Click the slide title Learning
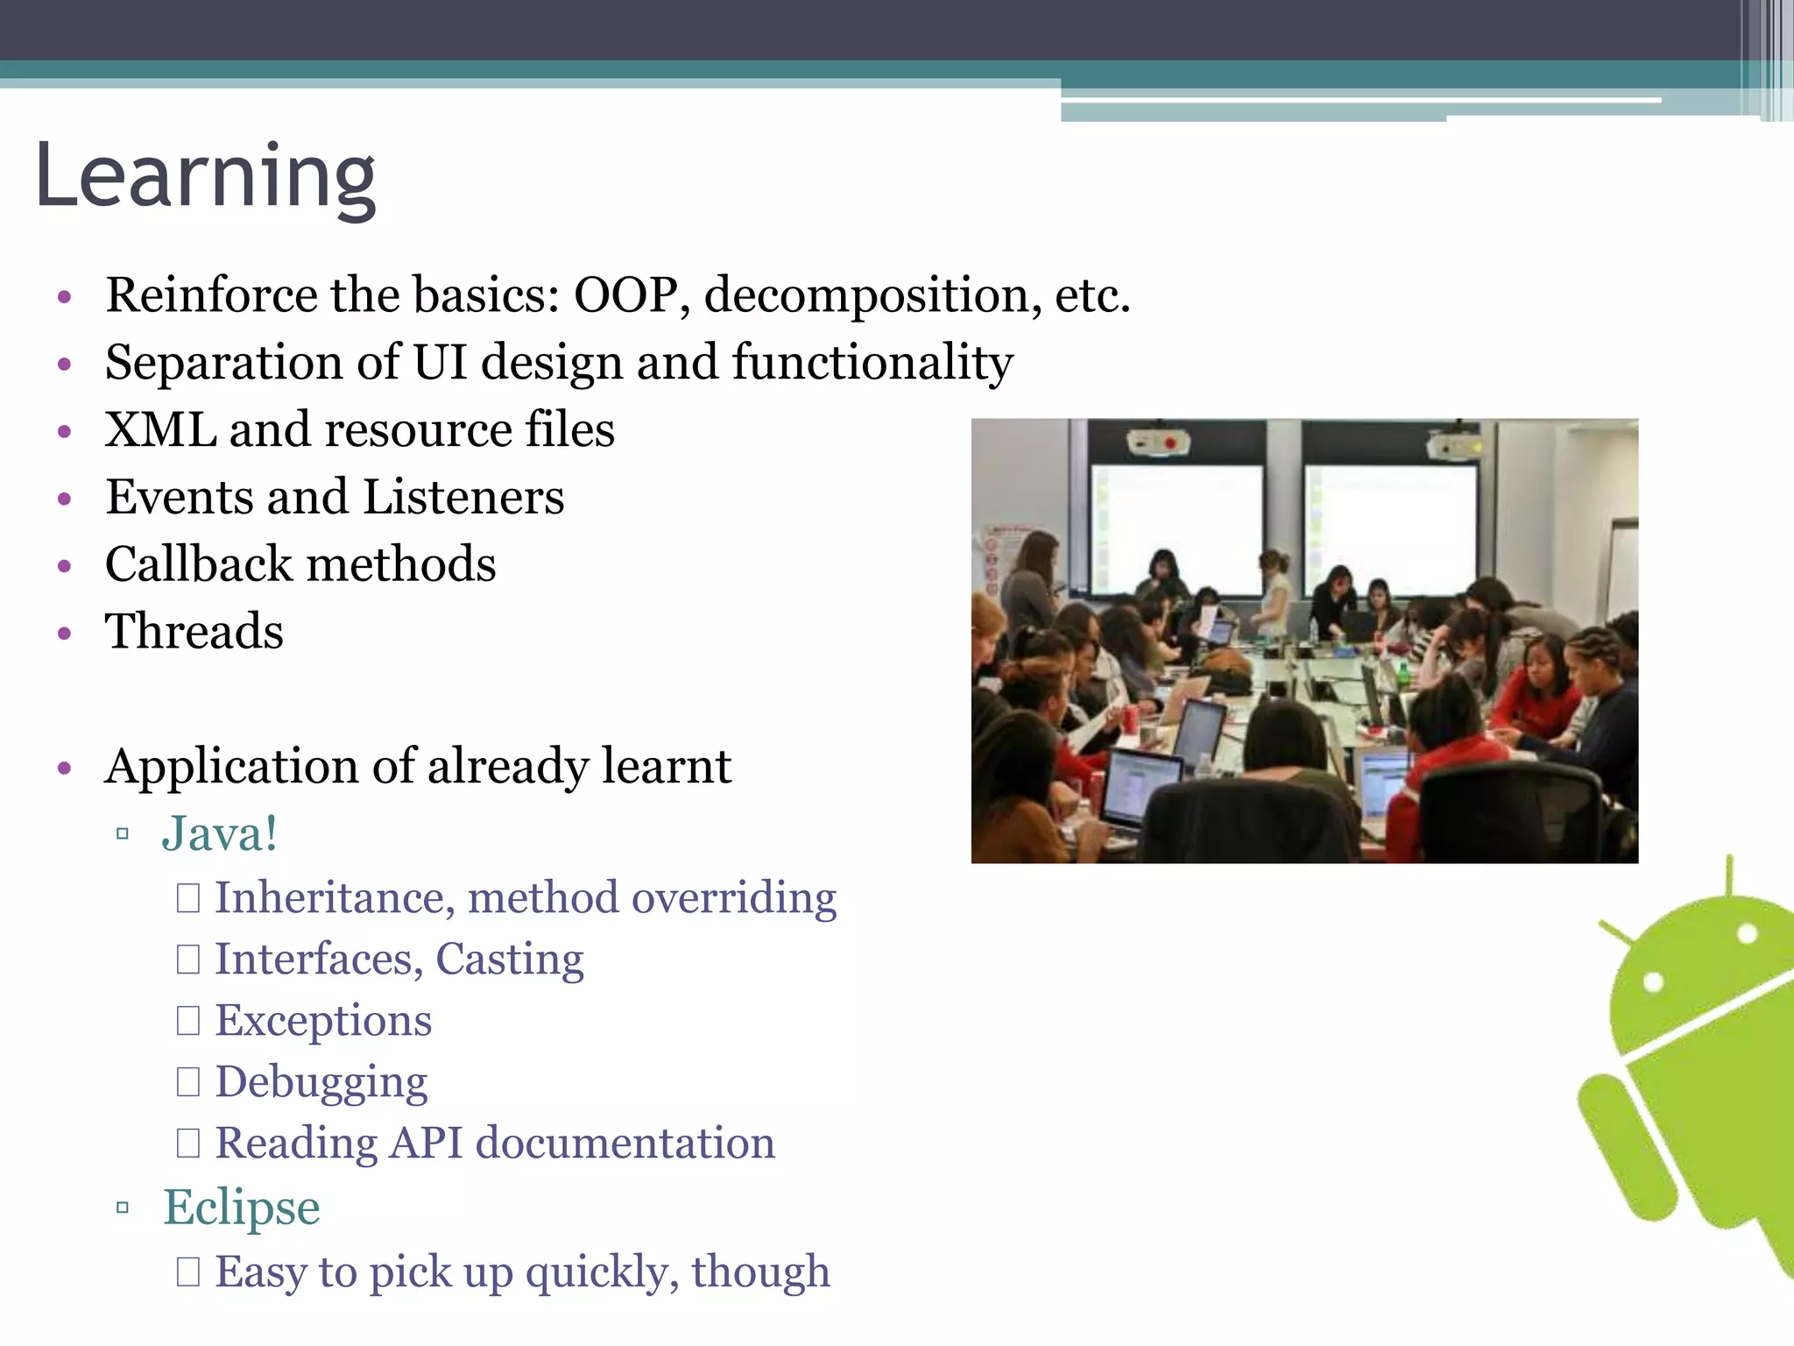point(206,178)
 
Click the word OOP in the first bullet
point(625,295)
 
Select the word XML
point(160,430)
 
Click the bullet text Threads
point(194,632)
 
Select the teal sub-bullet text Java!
point(220,833)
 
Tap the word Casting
point(509,960)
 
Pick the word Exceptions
point(323,1021)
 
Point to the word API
point(426,1144)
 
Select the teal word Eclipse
point(242,1208)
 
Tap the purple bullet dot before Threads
point(64,633)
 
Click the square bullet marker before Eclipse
point(123,1208)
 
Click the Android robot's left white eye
point(1652,981)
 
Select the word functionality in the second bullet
point(872,363)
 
